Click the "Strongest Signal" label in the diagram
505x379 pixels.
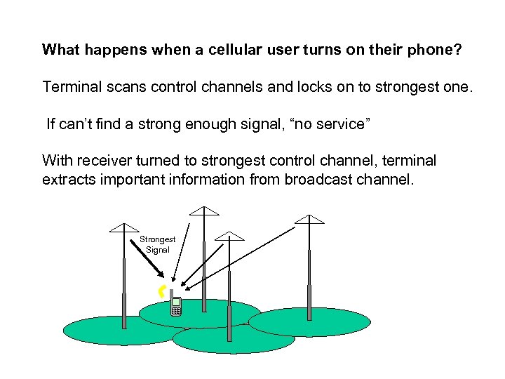click(x=158, y=244)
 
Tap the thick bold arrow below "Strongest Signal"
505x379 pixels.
click(x=148, y=260)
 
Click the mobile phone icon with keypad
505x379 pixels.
click(x=176, y=307)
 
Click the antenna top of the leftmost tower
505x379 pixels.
click(x=125, y=228)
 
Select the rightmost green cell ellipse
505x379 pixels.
click(x=309, y=321)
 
